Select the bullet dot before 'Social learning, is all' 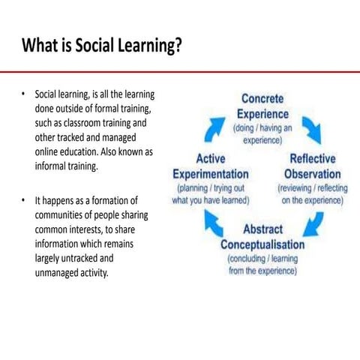click(x=24, y=94)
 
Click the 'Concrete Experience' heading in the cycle click(x=262, y=106)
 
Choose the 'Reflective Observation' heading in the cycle click(x=312, y=166)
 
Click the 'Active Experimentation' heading click(x=211, y=166)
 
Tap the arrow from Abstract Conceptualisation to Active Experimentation click(x=214, y=223)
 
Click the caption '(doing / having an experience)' click(x=262, y=133)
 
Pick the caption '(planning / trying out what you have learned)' click(x=211, y=194)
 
